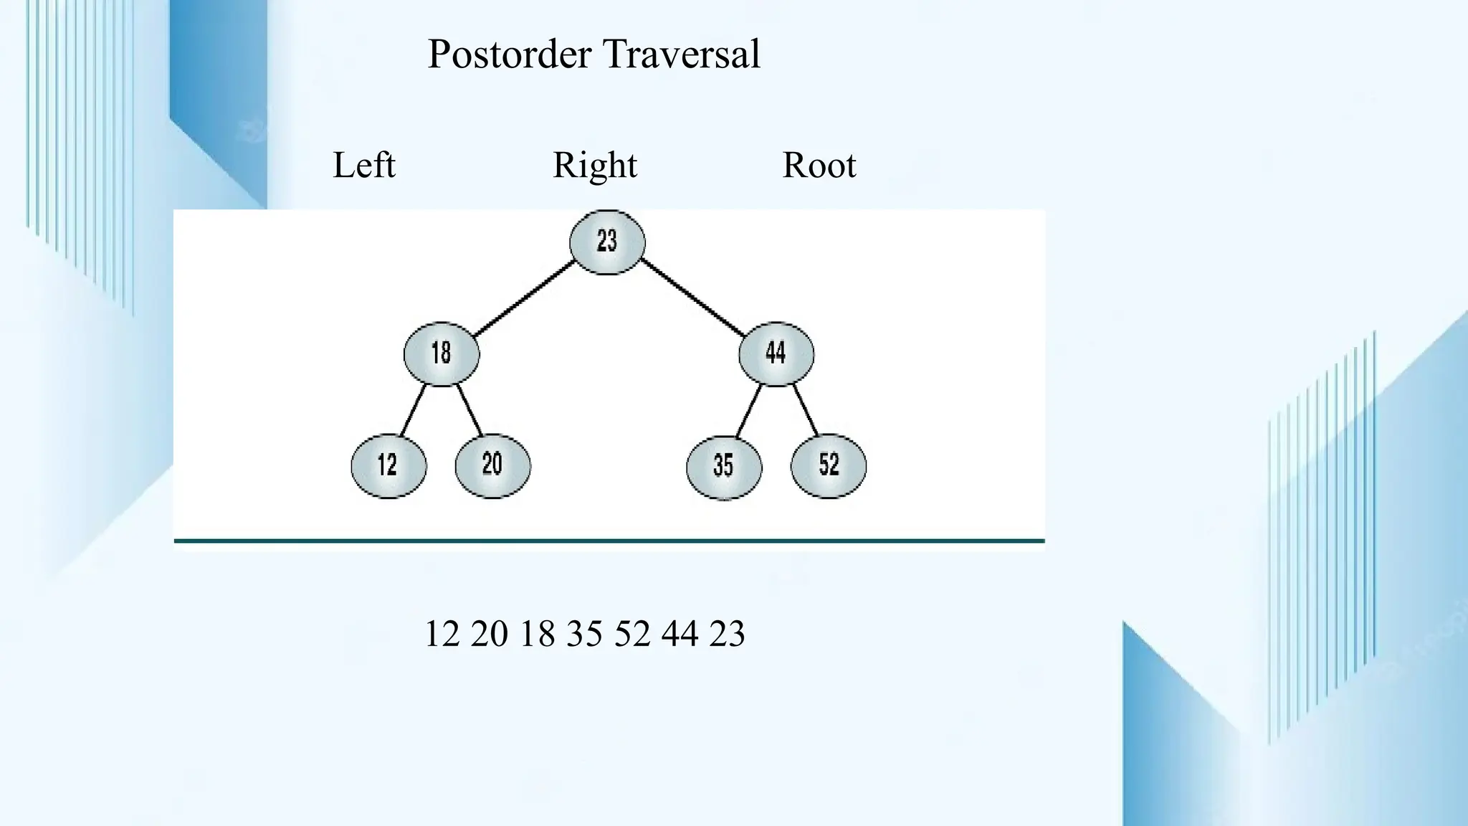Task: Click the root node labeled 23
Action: [x=607, y=242]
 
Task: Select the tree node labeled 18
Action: [x=442, y=353]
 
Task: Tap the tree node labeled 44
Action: [x=776, y=353]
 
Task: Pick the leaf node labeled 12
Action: [x=389, y=465]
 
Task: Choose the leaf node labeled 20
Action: [x=493, y=465]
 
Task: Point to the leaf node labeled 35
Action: [x=724, y=467]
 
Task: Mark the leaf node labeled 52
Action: [x=829, y=465]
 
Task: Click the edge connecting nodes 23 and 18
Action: [x=525, y=298]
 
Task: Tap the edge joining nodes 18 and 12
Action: [x=413, y=410]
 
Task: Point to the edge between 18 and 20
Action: [x=470, y=410]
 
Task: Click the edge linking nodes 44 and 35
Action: [x=748, y=411]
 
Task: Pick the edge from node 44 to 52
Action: [x=805, y=410]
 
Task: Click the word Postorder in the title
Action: [x=509, y=54]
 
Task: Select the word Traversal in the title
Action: [x=681, y=54]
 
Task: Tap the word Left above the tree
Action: [x=364, y=166]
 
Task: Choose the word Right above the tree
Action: [x=595, y=166]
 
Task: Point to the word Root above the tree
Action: [x=819, y=166]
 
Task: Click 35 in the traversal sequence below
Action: [x=584, y=634]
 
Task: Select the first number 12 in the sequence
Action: [x=442, y=634]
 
